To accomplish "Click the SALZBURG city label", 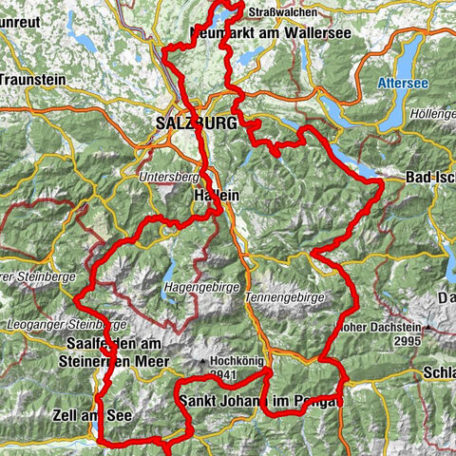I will [197, 123].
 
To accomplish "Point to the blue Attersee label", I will [410, 84].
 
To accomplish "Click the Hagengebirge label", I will [198, 282].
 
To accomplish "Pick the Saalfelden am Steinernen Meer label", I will [118, 351].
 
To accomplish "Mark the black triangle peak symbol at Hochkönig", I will [203, 362].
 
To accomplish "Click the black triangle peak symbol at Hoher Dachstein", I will [428, 328].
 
